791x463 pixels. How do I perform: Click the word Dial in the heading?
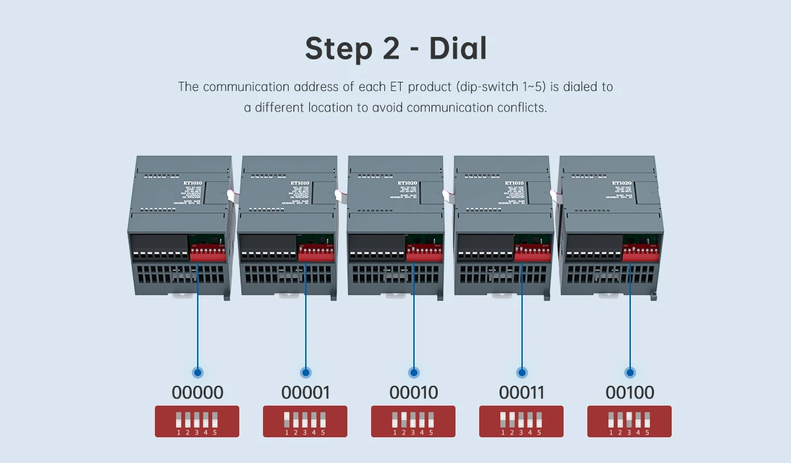pyautogui.click(x=457, y=49)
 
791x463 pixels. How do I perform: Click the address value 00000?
pyautogui.click(x=197, y=393)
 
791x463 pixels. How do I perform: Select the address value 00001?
pyautogui.click(x=305, y=393)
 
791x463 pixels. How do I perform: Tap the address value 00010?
pyautogui.click(x=413, y=393)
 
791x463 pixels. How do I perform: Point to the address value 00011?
pyautogui.click(x=521, y=393)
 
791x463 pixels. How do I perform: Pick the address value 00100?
pyautogui.click(x=630, y=393)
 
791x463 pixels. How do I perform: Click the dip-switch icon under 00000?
pyautogui.click(x=196, y=421)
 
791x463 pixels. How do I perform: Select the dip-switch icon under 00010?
pyautogui.click(x=413, y=421)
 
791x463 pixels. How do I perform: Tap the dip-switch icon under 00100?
pyautogui.click(x=629, y=421)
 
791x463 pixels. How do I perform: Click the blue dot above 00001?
pyautogui.click(x=305, y=373)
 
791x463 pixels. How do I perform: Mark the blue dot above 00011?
pyautogui.click(x=521, y=373)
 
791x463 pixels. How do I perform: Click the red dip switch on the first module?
pyautogui.click(x=208, y=252)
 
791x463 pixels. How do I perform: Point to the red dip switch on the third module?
pyautogui.click(x=425, y=253)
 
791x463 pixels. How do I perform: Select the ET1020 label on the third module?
pyautogui.click(x=407, y=183)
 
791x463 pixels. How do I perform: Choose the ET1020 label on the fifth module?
pyautogui.click(x=622, y=183)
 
